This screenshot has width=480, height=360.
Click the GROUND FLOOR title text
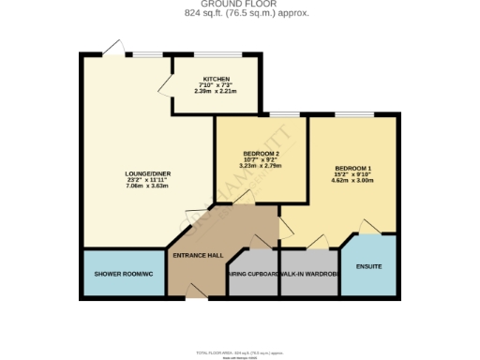point(240,4)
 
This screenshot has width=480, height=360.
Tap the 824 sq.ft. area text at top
point(240,13)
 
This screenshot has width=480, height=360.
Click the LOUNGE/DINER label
point(145,173)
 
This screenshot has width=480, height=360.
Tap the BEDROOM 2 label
point(262,154)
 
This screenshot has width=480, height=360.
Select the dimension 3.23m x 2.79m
point(262,166)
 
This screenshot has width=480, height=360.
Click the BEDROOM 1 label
point(352,167)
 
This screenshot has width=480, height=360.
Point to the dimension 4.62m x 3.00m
point(352,180)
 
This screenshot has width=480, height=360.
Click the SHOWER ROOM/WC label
point(123,275)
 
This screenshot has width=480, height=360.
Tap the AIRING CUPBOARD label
point(252,275)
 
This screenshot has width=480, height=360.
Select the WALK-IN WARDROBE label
point(307,275)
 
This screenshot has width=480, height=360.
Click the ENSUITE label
point(369,266)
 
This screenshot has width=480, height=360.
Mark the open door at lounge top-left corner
point(113,48)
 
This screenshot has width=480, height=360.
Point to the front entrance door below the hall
point(196,297)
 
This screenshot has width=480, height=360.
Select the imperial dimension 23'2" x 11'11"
point(145,179)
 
